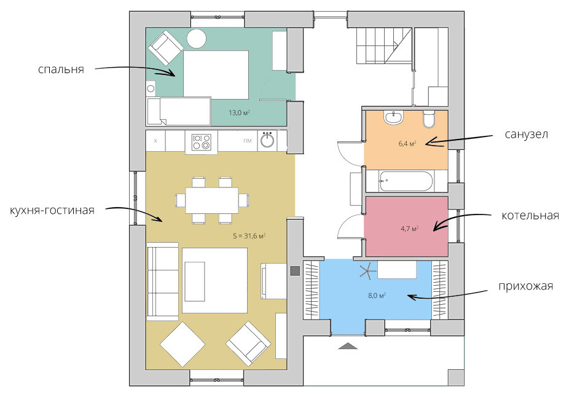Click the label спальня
pyautogui.click(x=61, y=69)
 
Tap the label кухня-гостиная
pyautogui.click(x=52, y=210)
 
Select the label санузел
pyautogui.click(x=526, y=134)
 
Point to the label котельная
pyautogui.click(x=530, y=216)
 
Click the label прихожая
pyautogui.click(x=526, y=286)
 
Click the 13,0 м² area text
pyautogui.click(x=239, y=113)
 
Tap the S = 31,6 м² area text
pyautogui.click(x=249, y=236)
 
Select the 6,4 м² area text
pyautogui.click(x=407, y=143)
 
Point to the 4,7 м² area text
pyautogui.click(x=409, y=229)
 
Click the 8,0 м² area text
pyautogui.click(x=377, y=296)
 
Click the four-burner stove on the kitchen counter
pyautogui.click(x=202, y=142)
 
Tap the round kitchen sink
pyautogui.click(x=267, y=141)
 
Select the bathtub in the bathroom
pyautogui.click(x=406, y=181)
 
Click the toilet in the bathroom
pyautogui.click(x=429, y=119)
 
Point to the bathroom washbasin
pyautogui.click(x=394, y=117)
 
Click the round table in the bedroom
pyautogui.click(x=197, y=39)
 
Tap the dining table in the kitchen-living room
pyautogui.click(x=212, y=200)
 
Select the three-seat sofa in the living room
pyautogui.click(x=163, y=281)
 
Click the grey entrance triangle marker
pyautogui.click(x=348, y=346)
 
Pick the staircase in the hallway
pyautogui.click(x=384, y=45)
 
